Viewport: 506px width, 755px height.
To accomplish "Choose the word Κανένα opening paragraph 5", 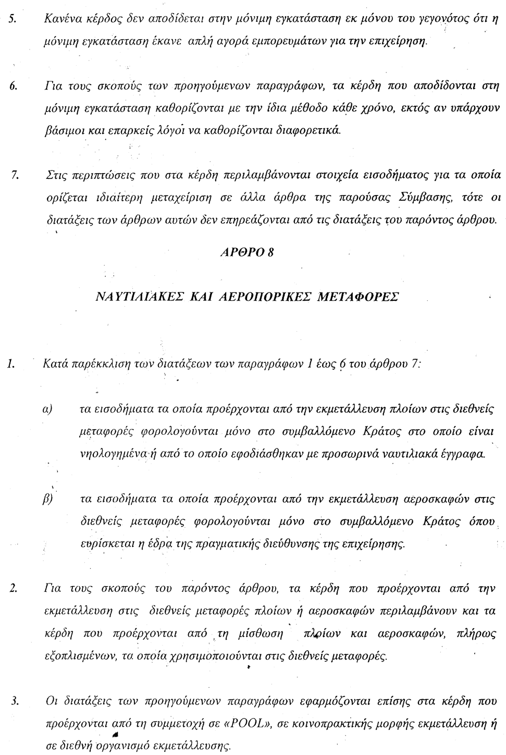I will (62, 21).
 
